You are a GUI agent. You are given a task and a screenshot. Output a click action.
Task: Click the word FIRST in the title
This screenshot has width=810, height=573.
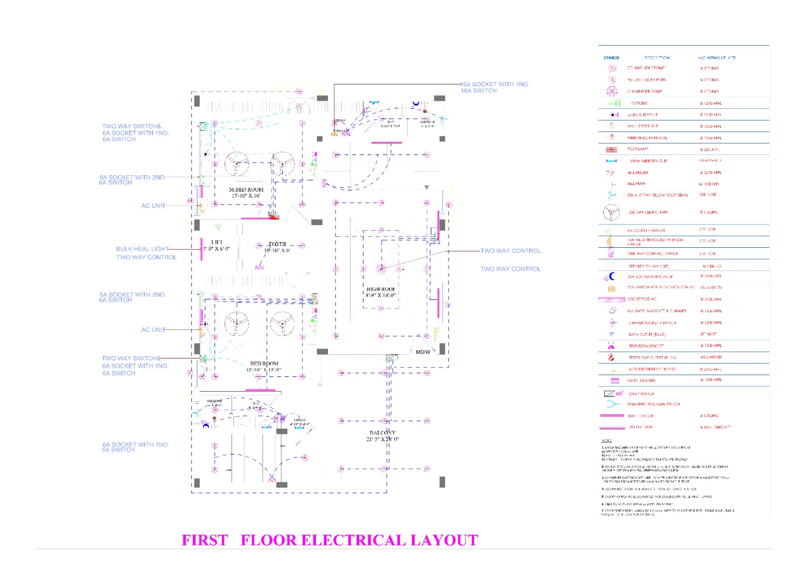point(205,540)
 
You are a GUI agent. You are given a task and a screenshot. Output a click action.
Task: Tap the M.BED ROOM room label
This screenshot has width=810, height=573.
point(246,189)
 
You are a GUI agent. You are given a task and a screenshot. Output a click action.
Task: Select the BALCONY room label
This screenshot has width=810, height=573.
point(382,433)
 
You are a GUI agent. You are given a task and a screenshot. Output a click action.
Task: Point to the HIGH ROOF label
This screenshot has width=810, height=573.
point(381,289)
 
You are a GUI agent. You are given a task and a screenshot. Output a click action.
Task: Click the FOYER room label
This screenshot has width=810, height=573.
point(277,244)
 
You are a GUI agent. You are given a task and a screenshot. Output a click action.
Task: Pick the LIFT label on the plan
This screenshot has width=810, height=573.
point(217,242)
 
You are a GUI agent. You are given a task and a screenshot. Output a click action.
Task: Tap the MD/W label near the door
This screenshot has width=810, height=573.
point(423,352)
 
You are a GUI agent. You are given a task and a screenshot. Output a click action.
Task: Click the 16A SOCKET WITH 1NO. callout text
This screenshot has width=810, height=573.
point(495,84)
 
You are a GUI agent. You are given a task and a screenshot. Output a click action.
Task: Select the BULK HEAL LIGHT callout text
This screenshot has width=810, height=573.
point(142,249)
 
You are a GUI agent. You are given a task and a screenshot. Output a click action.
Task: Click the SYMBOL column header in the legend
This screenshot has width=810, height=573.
point(611,58)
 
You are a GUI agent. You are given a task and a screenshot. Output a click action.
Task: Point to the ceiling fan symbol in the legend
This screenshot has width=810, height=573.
point(611,212)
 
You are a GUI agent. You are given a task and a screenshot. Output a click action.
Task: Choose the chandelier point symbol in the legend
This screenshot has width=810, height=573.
point(612,91)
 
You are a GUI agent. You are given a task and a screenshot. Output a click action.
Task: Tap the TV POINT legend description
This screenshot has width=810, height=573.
point(639,103)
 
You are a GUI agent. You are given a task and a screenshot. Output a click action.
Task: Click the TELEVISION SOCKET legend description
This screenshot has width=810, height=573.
point(646,346)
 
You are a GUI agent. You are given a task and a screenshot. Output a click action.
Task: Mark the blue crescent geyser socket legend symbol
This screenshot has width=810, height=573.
point(612,276)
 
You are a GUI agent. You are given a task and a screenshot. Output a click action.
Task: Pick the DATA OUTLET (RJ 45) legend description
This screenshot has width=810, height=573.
point(646,334)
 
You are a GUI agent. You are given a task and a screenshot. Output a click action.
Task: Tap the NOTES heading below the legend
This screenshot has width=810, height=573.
point(606,440)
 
